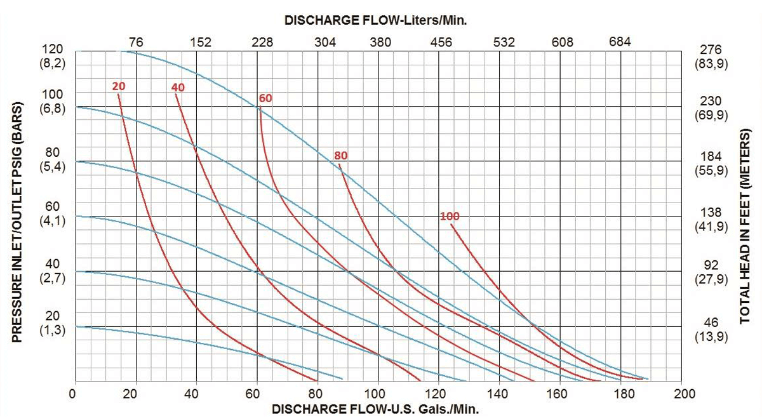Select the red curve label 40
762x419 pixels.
pyautogui.click(x=178, y=88)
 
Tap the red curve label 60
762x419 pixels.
pyautogui.click(x=265, y=98)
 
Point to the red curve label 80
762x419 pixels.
pyautogui.click(x=341, y=156)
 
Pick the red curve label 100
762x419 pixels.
pyautogui.click(x=449, y=216)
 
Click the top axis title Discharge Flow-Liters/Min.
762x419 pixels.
pyautogui.click(x=376, y=20)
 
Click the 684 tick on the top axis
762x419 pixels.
pyautogui.click(x=620, y=43)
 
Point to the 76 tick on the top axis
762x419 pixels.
pyautogui.click(x=136, y=43)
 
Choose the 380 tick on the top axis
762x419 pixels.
pyautogui.click(x=380, y=43)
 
